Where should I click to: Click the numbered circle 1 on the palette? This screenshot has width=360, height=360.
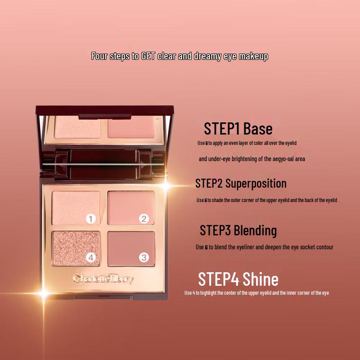point(91,219)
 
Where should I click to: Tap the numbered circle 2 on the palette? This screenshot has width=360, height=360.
point(144,219)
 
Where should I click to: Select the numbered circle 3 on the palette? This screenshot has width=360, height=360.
point(144,258)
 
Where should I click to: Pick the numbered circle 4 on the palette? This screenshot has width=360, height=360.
point(91,258)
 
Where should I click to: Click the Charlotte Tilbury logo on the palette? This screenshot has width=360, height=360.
point(103,279)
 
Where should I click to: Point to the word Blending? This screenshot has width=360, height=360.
point(255,230)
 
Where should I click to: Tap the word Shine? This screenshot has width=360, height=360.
point(261,279)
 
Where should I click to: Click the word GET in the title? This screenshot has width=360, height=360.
point(148,57)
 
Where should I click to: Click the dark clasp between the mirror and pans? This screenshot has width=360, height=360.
point(103,164)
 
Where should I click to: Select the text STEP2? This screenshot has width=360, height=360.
point(209,184)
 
